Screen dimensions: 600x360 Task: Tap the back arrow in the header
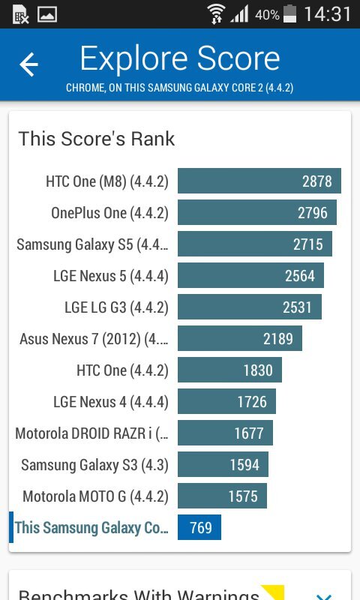28,64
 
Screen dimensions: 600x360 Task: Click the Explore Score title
180,58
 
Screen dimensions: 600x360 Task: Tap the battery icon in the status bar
291,13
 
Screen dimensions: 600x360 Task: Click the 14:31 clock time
328,14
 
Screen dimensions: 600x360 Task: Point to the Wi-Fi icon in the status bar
217,13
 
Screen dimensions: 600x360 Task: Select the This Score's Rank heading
97,139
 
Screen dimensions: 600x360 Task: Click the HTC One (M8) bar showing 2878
259,181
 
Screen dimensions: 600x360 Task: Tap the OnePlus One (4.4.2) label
109,213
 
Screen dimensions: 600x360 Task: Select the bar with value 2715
254,244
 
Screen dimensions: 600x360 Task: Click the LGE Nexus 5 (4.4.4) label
111,276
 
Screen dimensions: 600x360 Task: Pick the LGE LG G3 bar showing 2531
249,307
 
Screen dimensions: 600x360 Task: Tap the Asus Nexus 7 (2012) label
94,339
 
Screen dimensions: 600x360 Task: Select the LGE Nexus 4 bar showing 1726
226,402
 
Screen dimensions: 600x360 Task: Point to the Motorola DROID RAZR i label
91,433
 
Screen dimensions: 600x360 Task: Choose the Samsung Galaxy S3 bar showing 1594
223,465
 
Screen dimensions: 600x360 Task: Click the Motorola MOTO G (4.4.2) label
95,496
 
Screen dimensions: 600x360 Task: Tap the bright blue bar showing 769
199,528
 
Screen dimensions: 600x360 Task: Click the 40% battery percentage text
267,14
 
